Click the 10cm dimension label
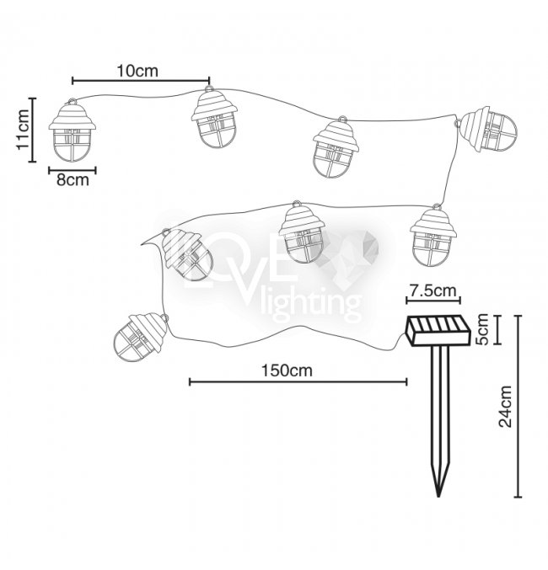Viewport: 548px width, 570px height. [x=137, y=71]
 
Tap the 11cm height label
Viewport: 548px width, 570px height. [x=23, y=129]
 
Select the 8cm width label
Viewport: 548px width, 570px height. [x=73, y=180]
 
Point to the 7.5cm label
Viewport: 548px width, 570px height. [x=432, y=290]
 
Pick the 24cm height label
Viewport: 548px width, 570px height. [x=505, y=407]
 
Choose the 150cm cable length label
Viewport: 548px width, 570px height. [x=287, y=370]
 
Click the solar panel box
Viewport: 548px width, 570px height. [x=438, y=331]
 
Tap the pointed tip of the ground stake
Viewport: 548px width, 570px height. [x=439, y=496]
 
